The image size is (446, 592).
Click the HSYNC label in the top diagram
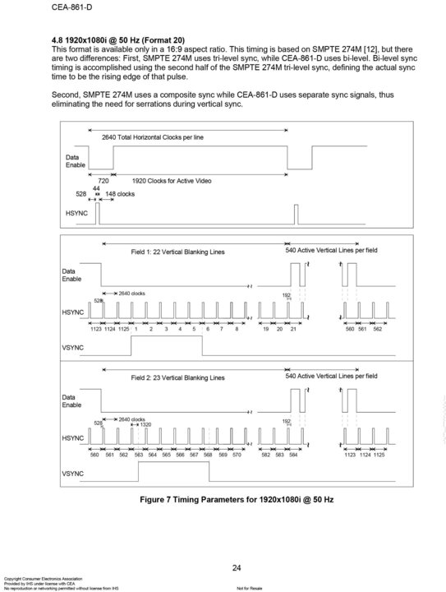[x=76, y=212]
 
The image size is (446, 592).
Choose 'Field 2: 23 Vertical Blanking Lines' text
[x=177, y=378]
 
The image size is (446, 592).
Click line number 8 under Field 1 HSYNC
[x=236, y=329]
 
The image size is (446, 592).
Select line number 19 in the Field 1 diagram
[x=265, y=329]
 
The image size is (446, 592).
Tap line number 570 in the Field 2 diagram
[x=236, y=455]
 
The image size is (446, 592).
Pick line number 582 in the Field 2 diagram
[x=265, y=455]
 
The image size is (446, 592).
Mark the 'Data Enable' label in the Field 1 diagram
[x=72, y=275]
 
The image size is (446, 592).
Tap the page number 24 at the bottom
[x=236, y=568]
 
